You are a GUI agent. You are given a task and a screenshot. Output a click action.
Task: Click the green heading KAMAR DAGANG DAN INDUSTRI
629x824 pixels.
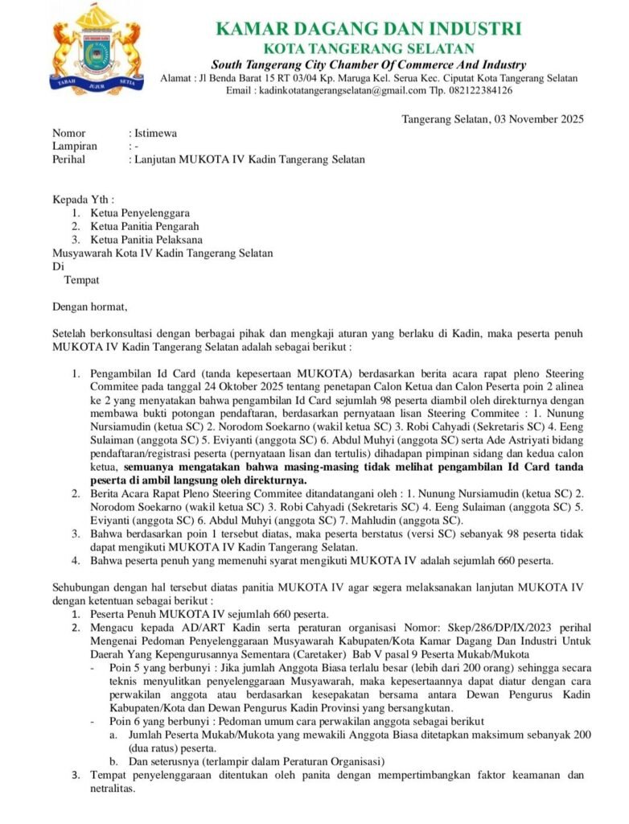368,30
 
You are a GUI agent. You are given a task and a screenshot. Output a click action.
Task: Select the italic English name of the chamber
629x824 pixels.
368,64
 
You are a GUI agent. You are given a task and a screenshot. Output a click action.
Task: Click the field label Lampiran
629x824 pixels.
75,146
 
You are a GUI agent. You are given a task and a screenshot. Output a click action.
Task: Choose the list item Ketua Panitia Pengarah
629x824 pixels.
144,226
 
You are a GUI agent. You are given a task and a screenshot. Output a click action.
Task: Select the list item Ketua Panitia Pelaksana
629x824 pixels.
146,239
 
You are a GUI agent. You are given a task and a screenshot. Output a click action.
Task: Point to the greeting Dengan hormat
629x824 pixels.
89,306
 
